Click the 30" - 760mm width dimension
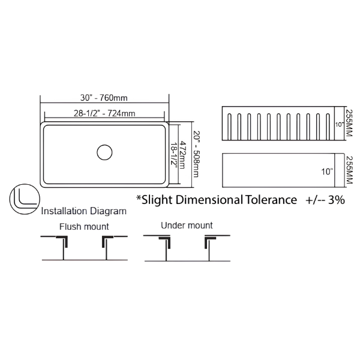click(x=104, y=98)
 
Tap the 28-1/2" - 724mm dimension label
click(x=104, y=113)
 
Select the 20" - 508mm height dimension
click(x=196, y=154)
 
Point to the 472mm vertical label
click(x=182, y=155)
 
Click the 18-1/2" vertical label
click(x=174, y=157)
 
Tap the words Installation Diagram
click(x=84, y=211)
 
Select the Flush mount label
click(x=84, y=227)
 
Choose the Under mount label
click(x=187, y=226)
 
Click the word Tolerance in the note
click(x=271, y=200)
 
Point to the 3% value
click(x=337, y=200)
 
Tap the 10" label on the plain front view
click(x=327, y=172)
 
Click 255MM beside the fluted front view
click(x=349, y=123)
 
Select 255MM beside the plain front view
click(x=349, y=170)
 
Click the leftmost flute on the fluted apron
click(x=229, y=127)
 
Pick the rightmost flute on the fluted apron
click(x=328, y=127)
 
